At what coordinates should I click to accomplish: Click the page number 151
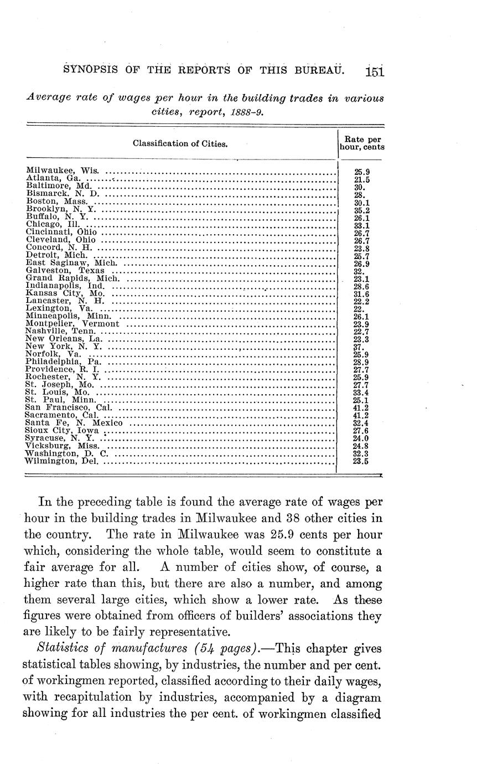[375, 71]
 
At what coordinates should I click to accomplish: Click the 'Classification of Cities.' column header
[180, 144]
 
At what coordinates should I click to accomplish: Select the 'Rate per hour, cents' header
[362, 143]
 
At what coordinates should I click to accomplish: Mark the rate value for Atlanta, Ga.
[361, 179]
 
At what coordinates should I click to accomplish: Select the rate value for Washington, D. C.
[361, 453]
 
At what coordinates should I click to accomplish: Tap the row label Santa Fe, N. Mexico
[74, 422]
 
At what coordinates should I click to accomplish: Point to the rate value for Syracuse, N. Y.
[361, 437]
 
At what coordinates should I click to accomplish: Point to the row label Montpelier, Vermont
[72, 323]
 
